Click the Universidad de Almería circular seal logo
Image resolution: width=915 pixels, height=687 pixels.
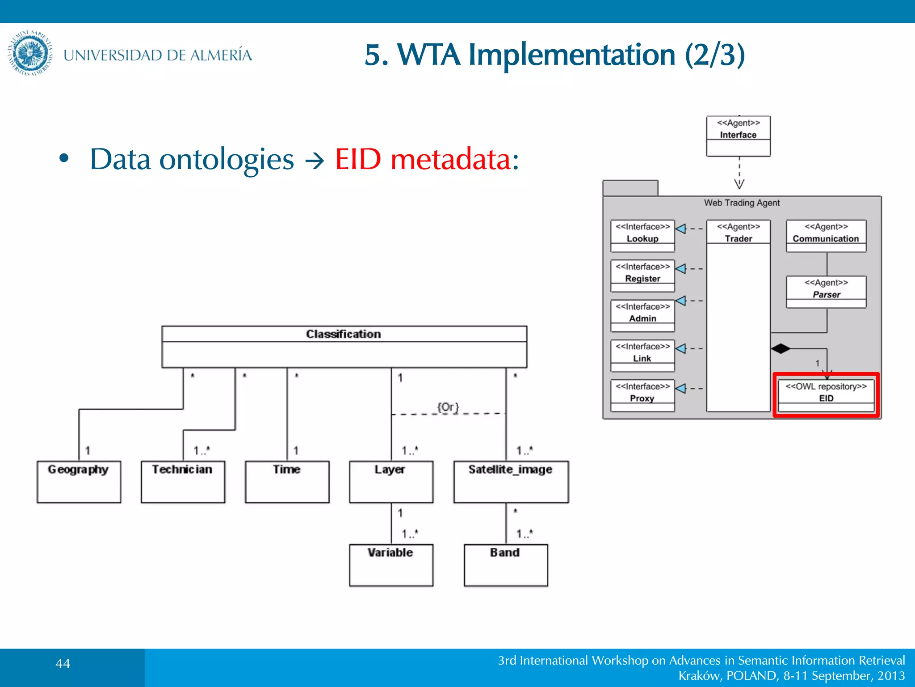30,53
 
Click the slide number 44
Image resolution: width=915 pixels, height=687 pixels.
63,663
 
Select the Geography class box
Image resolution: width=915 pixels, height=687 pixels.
79,481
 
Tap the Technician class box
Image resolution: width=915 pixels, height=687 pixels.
183,481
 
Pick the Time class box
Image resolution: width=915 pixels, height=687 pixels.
287,481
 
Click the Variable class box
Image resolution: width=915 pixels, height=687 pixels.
391,564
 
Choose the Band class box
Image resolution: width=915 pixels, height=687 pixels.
505,564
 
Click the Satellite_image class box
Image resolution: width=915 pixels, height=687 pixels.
511,481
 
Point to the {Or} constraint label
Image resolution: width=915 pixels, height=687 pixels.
448,407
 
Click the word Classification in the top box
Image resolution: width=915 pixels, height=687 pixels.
343,334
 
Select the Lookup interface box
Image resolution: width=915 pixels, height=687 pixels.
642,236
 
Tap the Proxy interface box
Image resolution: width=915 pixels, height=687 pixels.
642,395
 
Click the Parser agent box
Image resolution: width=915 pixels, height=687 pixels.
826,292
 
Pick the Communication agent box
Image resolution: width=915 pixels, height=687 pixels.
826,236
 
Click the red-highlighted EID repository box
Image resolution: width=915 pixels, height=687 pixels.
826,394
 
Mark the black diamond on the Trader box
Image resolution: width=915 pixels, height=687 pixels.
780,348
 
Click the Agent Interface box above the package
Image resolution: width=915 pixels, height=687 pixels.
738,136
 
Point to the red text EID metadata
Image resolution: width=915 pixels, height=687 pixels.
427,159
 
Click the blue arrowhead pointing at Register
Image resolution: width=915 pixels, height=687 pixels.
680,269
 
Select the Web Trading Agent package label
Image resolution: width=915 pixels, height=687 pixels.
742,203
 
